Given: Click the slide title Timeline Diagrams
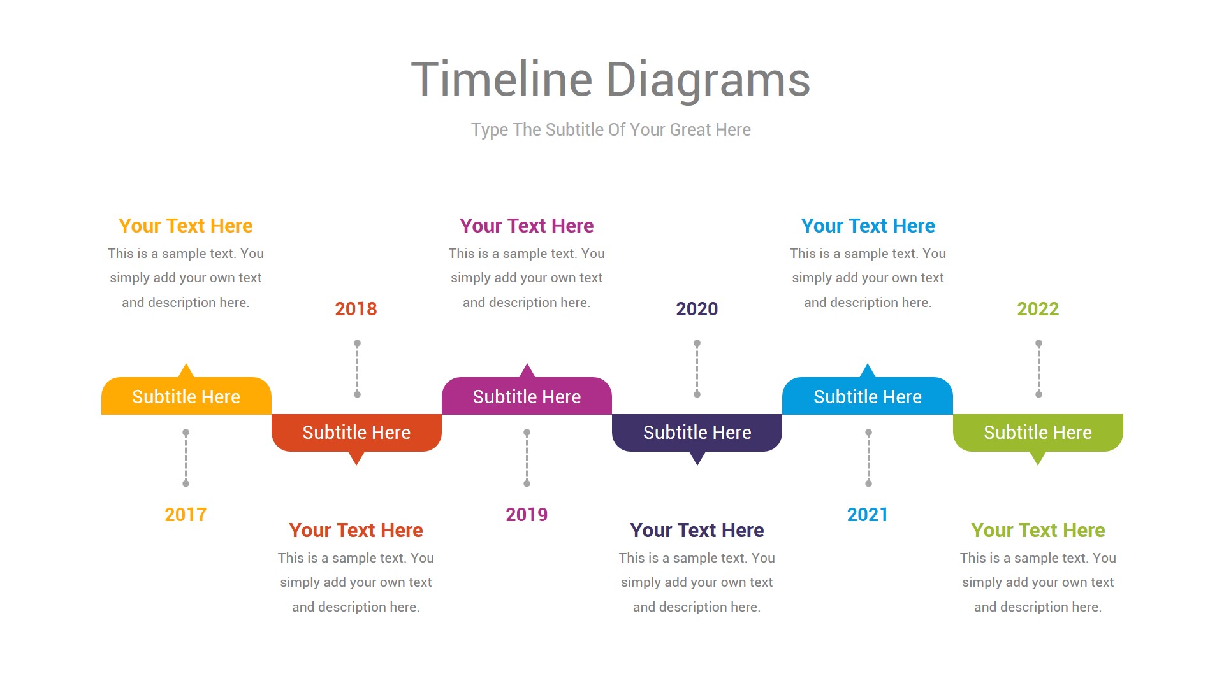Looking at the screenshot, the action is click(x=611, y=80).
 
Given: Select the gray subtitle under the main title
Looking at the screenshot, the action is click(x=611, y=130).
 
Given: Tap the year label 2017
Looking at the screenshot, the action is click(x=186, y=515).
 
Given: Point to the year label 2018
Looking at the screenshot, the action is click(x=356, y=309).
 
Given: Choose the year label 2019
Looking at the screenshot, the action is click(x=527, y=515).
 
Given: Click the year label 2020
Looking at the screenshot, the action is click(x=697, y=309).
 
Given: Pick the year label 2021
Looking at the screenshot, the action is click(x=868, y=515).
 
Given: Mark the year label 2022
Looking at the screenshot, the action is click(x=1038, y=309).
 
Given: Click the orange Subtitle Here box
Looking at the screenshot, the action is click(x=186, y=396).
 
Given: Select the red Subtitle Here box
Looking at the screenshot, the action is click(x=356, y=433).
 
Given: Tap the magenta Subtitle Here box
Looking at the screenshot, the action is click(x=527, y=396).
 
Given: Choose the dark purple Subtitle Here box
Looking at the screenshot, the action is click(x=697, y=433).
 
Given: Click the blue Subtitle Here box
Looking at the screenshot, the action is click(x=868, y=396).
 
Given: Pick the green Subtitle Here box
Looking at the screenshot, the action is click(x=1038, y=433).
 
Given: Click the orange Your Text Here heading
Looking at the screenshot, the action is click(x=186, y=226).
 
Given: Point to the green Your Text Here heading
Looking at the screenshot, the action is click(x=1038, y=531).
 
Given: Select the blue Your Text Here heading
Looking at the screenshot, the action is click(x=868, y=226).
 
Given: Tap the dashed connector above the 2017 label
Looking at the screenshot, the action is click(x=186, y=458).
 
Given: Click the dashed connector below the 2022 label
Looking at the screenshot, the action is click(x=1038, y=369).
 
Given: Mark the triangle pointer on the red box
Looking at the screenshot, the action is click(x=356, y=457).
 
